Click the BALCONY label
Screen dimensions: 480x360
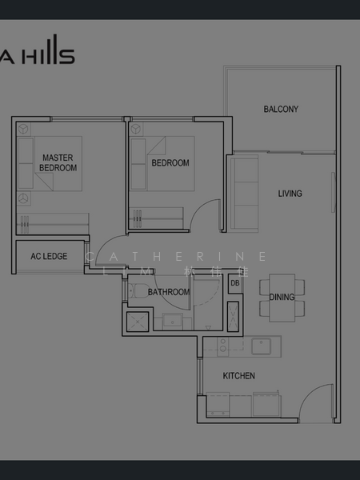pyautogui.click(x=281, y=109)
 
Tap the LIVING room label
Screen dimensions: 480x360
pyautogui.click(x=290, y=194)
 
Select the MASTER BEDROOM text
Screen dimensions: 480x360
pyautogui.click(x=58, y=163)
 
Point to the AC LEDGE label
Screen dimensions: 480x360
pyautogui.click(x=49, y=256)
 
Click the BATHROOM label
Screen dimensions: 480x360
pyautogui.click(x=169, y=292)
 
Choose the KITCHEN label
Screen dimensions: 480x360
pyautogui.click(x=238, y=375)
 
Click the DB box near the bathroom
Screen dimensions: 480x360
pyautogui.click(x=234, y=283)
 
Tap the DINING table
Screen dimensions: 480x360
pyautogui.click(x=282, y=297)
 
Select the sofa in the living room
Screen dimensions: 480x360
pyautogui.click(x=243, y=192)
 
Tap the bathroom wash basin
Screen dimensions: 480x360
pyautogui.click(x=172, y=321)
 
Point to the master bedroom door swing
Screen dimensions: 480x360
pyautogui.click(x=107, y=254)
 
